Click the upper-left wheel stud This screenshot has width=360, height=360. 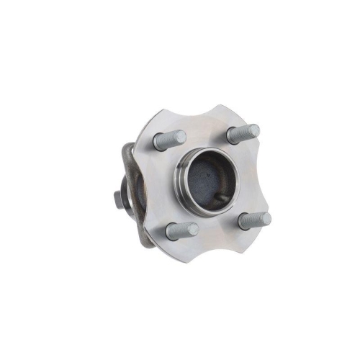[170, 140]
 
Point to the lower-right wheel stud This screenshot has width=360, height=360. [254, 220]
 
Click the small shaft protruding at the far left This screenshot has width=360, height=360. [117, 197]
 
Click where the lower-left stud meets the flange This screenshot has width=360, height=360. [171, 232]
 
